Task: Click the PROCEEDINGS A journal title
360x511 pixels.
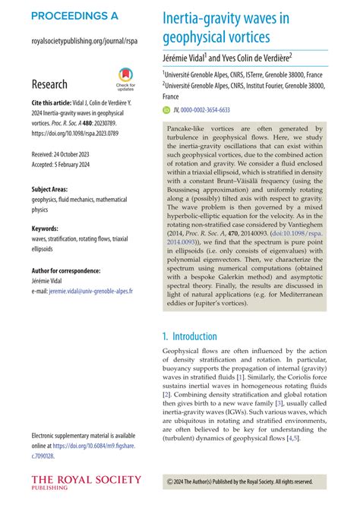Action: (x=75, y=15)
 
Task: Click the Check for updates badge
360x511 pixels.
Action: (x=125, y=77)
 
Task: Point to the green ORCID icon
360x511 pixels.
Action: (x=166, y=109)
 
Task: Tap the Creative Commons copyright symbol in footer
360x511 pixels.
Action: (x=169, y=481)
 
